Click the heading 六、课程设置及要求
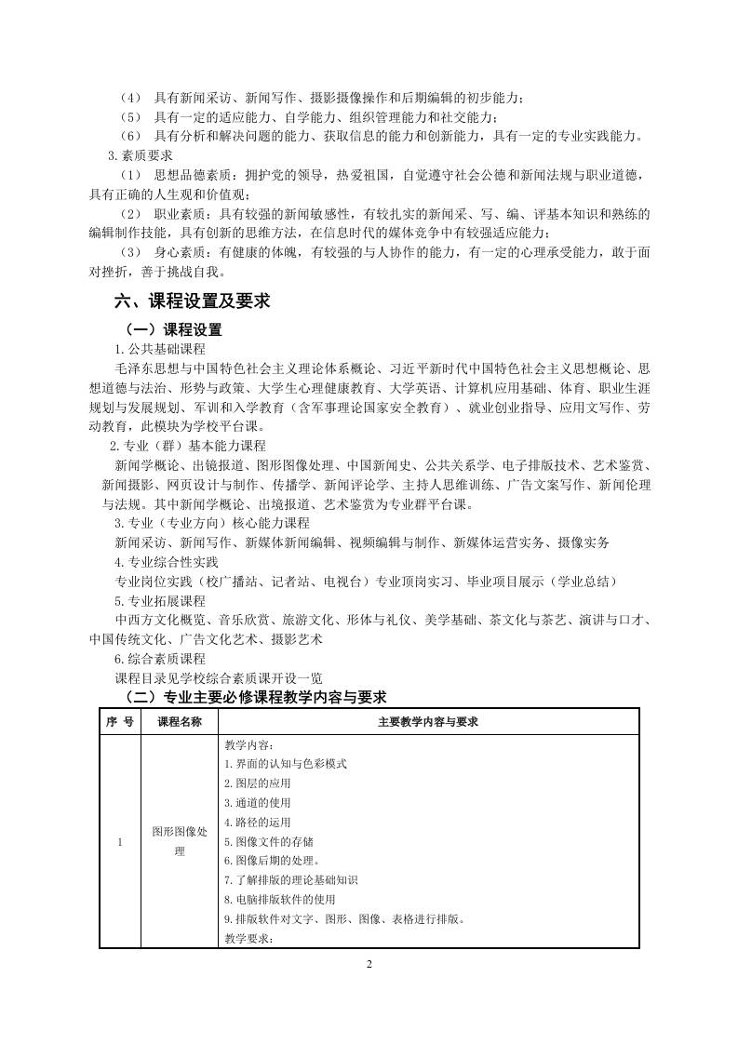point(192,301)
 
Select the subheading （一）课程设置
point(175,330)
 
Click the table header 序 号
point(120,722)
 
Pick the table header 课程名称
point(180,722)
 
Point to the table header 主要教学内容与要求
point(428,722)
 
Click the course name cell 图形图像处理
point(180,842)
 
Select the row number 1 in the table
point(120,842)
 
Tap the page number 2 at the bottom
point(369,963)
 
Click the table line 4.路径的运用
point(258,822)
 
